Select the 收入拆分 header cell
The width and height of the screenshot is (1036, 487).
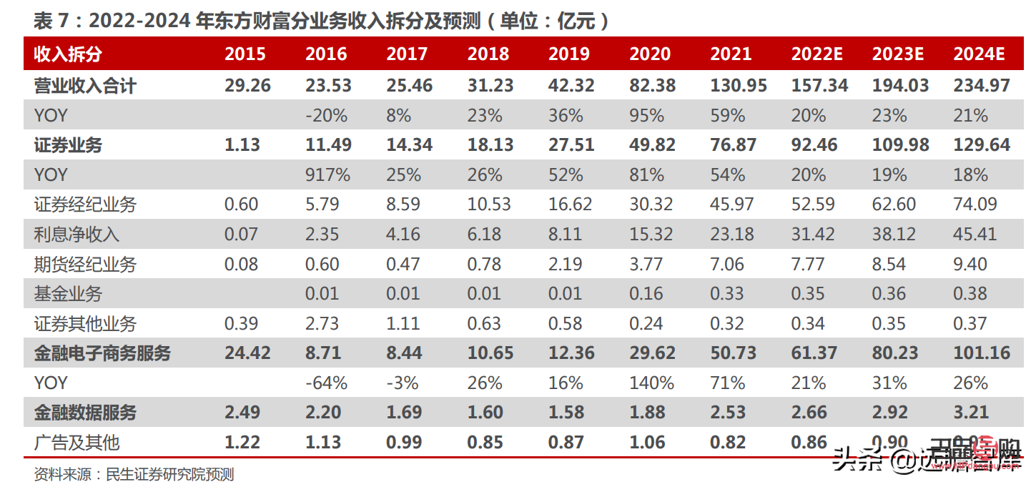(x=68, y=54)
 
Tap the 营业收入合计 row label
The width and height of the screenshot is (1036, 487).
(x=85, y=86)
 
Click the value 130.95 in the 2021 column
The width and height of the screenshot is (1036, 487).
(x=738, y=86)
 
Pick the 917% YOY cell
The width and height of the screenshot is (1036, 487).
(x=327, y=175)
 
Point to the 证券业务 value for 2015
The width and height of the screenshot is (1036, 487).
(x=242, y=145)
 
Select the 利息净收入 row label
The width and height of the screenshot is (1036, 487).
(x=77, y=235)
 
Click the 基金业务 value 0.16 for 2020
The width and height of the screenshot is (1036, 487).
(x=646, y=294)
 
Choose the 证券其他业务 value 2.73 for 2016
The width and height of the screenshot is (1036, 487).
(x=322, y=324)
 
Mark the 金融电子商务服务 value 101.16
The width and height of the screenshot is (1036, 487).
(x=981, y=353)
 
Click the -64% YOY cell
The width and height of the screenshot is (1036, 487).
(x=326, y=383)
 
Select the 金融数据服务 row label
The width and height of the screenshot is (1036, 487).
(x=85, y=413)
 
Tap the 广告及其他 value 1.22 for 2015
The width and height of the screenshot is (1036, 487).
(x=242, y=443)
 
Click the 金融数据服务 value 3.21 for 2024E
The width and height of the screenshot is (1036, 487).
(x=970, y=413)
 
